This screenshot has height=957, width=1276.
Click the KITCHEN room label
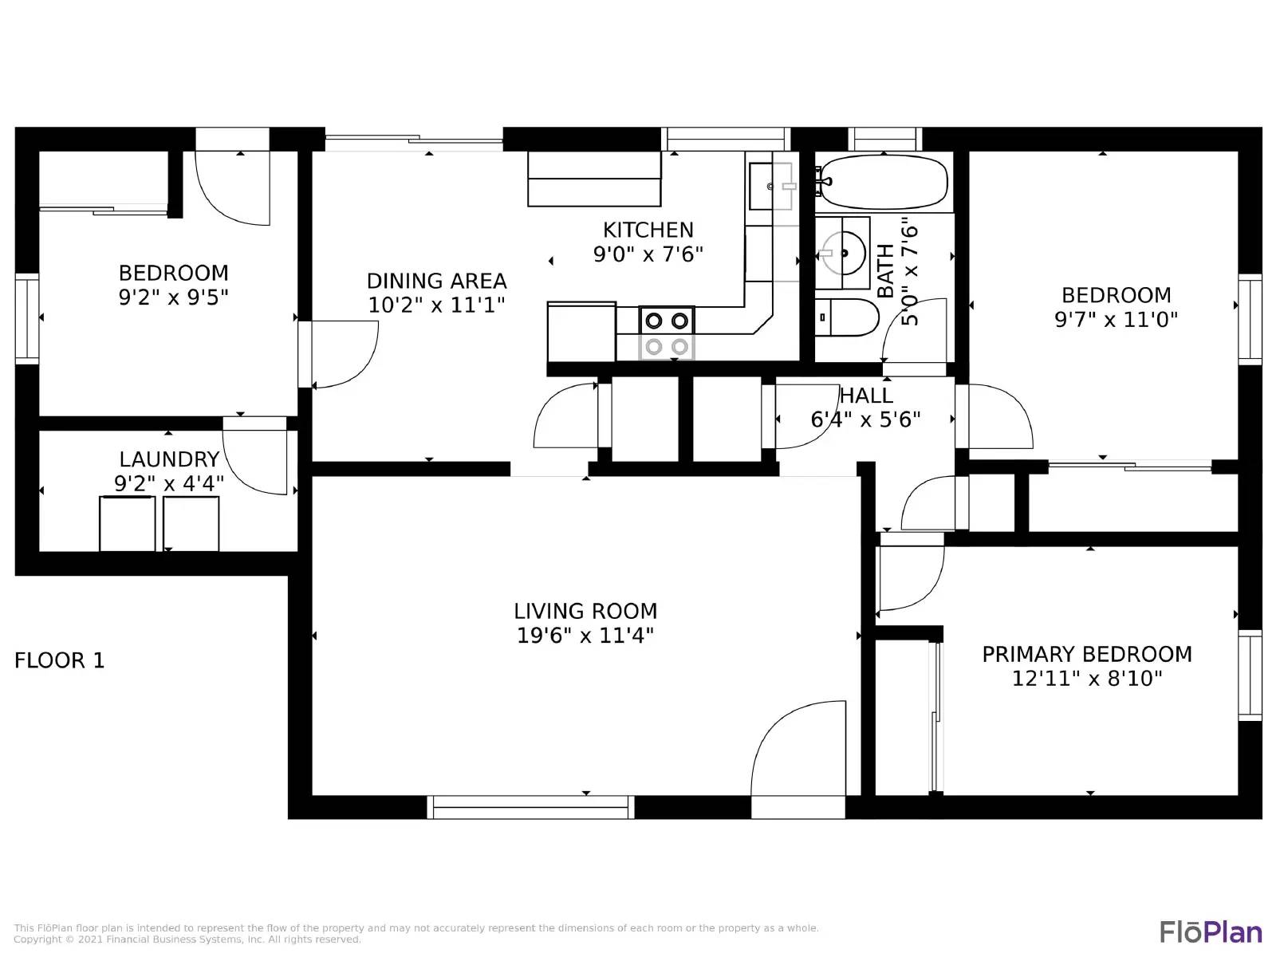(648, 230)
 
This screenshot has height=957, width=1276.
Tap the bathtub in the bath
(884, 183)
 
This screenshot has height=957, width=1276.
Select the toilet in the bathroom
(849, 317)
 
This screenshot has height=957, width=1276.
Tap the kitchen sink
(771, 186)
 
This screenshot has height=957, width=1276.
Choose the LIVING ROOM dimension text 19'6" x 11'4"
(585, 636)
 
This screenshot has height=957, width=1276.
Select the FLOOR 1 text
(60, 660)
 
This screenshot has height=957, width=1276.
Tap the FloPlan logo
(1211, 931)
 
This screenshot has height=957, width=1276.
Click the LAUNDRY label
(169, 459)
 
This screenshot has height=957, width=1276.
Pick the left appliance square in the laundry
(127, 523)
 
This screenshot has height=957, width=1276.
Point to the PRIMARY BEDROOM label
(1086, 654)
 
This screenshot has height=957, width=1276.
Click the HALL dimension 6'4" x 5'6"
(865, 419)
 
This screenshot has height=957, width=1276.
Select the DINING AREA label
(436, 281)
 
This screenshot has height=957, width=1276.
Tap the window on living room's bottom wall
(531, 807)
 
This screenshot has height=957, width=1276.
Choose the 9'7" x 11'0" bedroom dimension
(1116, 320)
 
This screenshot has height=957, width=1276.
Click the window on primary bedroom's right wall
(1250, 675)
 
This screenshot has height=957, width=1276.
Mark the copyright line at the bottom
(187, 939)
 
